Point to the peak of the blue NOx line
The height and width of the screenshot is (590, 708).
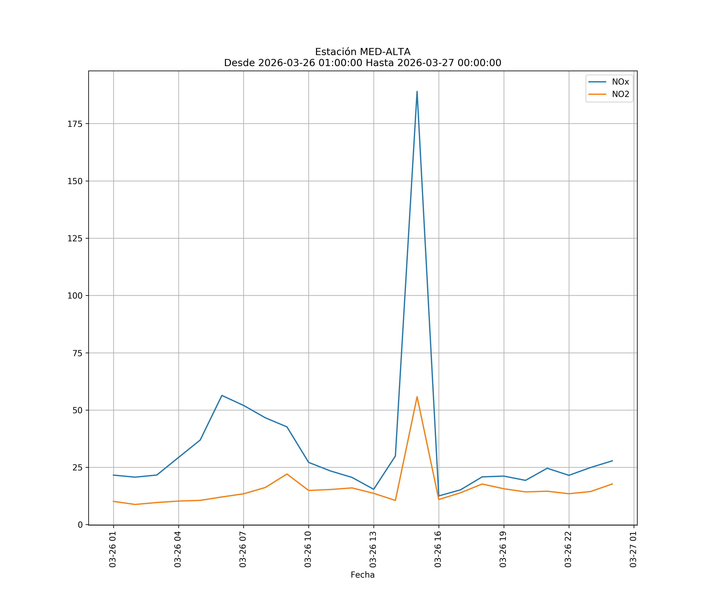[x=417, y=91]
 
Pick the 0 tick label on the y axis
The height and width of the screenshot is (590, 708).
[x=80, y=525]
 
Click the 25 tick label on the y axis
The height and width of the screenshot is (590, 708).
[x=77, y=468]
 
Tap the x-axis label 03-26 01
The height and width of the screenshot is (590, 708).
[x=113, y=549]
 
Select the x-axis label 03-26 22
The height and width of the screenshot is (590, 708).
[x=568, y=549]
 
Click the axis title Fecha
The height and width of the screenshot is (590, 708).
[x=362, y=575]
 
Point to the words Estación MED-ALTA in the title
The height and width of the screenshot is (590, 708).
[x=362, y=52]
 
